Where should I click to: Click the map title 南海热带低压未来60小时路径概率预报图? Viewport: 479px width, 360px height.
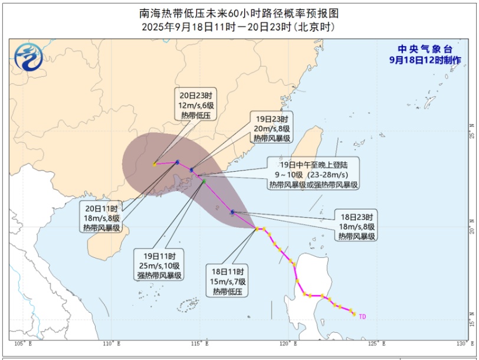pos(239,13)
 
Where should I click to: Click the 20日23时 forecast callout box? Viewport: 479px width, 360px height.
pos(196,104)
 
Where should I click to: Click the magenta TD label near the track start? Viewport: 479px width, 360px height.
pos(362,317)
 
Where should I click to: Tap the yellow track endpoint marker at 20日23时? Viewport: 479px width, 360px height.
pos(155,165)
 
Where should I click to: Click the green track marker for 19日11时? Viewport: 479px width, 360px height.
pos(204,182)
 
